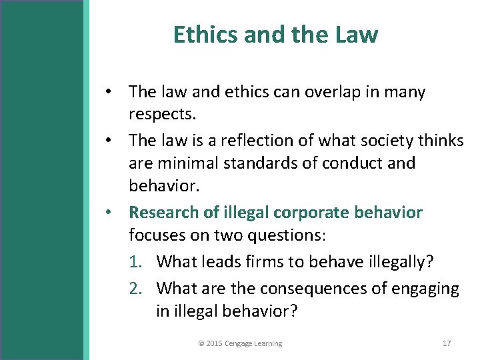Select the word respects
[x=163, y=114]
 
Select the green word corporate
[x=309, y=213]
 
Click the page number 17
[x=447, y=343]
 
